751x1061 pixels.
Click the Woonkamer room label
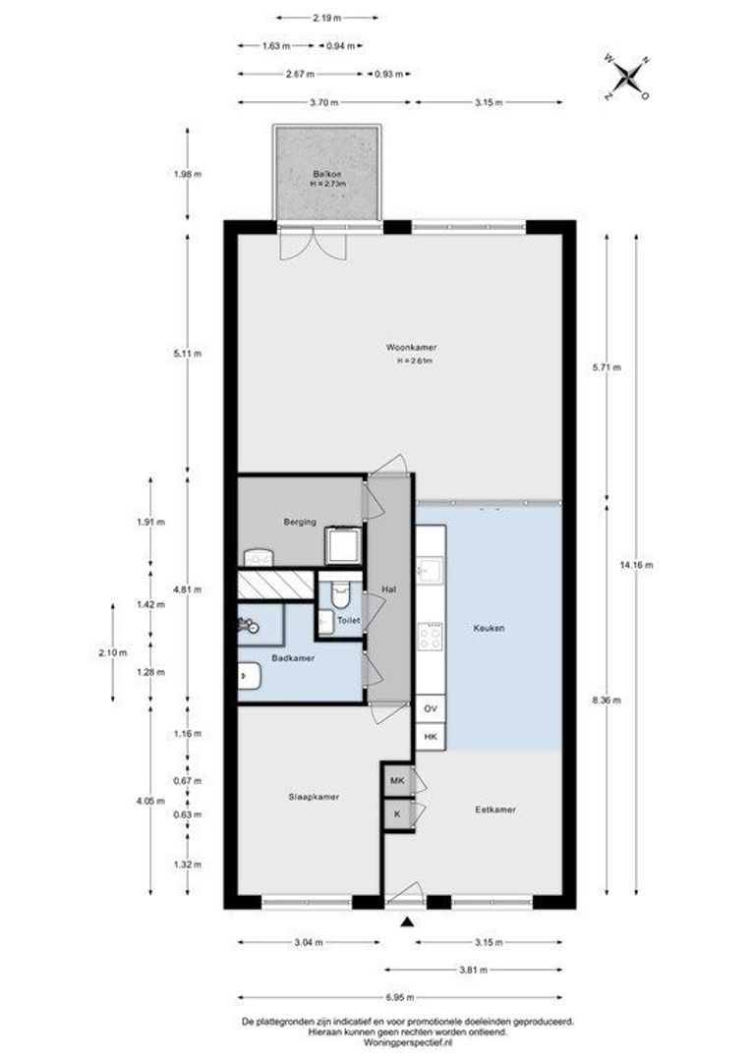click(412, 347)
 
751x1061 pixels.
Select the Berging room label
click(299, 522)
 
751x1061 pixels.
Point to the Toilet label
click(349, 620)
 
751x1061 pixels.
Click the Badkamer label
click(293, 657)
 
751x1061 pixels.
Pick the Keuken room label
click(489, 628)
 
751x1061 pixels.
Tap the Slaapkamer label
click(314, 797)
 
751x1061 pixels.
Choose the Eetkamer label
click(495, 810)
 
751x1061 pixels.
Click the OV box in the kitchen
click(430, 709)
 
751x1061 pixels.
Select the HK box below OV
click(430, 737)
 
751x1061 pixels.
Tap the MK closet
click(397, 781)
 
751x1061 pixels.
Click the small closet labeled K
click(397, 814)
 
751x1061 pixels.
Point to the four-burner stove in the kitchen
click(431, 636)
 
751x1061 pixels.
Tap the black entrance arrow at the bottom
click(406, 921)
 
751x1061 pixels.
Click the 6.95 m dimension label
click(399, 997)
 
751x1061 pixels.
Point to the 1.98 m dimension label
click(188, 174)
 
